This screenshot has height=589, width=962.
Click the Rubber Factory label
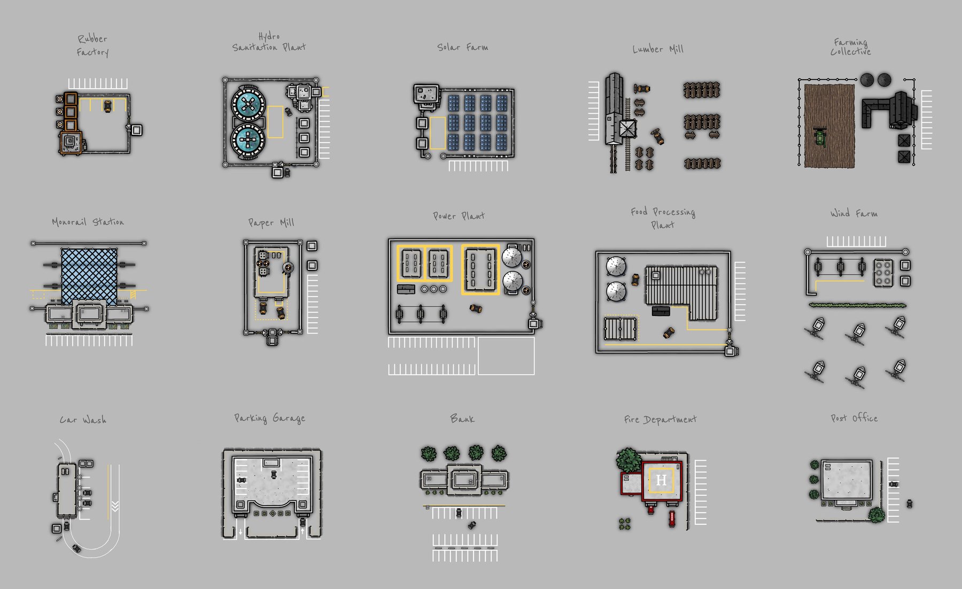tap(92, 45)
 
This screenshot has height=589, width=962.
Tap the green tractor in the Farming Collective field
tap(819, 137)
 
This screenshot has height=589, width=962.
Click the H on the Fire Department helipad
tap(661, 480)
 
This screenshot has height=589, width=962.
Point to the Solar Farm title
tap(462, 47)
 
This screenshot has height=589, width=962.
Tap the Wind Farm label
tap(854, 213)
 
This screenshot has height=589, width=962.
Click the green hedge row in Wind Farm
tap(857, 306)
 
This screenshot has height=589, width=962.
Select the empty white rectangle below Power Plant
tap(506, 355)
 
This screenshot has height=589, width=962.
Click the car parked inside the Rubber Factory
tap(107, 106)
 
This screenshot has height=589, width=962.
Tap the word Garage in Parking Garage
tap(289, 418)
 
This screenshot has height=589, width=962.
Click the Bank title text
tap(462, 418)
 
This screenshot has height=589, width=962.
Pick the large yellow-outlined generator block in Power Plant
tap(480, 269)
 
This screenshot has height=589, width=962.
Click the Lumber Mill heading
tap(658, 49)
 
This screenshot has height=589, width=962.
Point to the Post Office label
tap(854, 418)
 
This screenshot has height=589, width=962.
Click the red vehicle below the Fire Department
tap(672, 518)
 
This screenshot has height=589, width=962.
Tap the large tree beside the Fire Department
tap(629, 460)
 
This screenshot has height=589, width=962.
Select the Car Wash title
tap(83, 420)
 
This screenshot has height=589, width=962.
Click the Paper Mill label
tap(271, 222)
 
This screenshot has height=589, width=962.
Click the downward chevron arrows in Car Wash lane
tap(115, 506)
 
